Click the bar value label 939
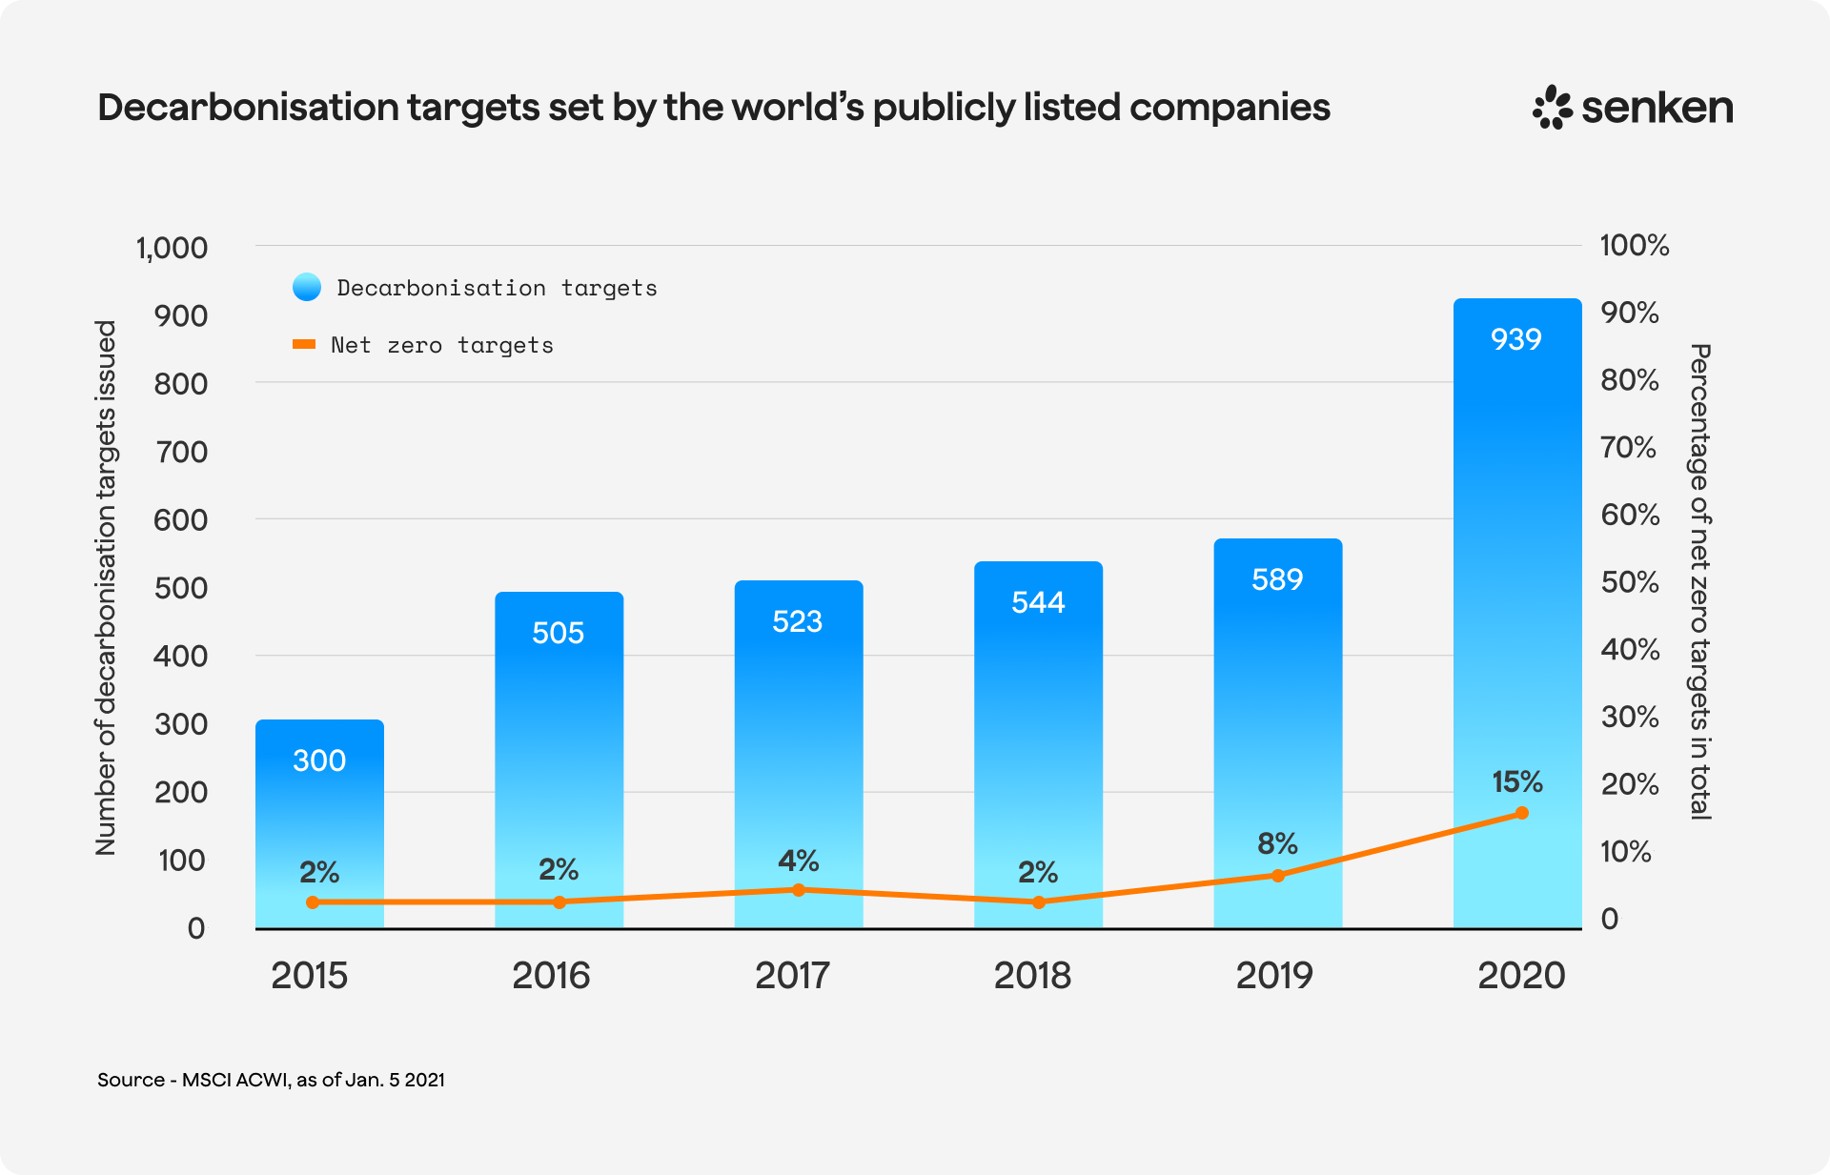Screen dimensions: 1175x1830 coord(1515,339)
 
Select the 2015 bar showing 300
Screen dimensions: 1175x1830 coord(319,820)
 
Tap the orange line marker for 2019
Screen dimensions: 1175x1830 coord(1278,875)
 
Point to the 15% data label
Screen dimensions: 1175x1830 coord(1516,782)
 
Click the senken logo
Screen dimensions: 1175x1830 coord(1633,107)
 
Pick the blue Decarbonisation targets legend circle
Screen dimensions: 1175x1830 coord(307,287)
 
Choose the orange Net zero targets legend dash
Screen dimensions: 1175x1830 coord(304,344)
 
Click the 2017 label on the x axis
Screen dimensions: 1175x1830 coord(792,976)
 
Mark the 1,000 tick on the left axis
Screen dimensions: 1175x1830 coord(172,248)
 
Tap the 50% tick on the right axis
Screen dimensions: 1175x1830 coord(1630,582)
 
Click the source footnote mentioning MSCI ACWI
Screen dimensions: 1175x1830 coord(271,1080)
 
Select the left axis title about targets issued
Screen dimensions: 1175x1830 coord(105,587)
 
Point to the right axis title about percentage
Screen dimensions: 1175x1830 coord(1700,581)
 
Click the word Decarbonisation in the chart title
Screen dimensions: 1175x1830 coord(249,108)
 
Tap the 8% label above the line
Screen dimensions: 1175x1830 coord(1277,843)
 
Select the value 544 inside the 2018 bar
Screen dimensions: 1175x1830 coord(1038,602)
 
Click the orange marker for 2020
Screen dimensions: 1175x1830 coord(1522,813)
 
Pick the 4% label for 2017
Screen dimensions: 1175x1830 coord(799,861)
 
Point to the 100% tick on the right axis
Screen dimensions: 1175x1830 coord(1634,246)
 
